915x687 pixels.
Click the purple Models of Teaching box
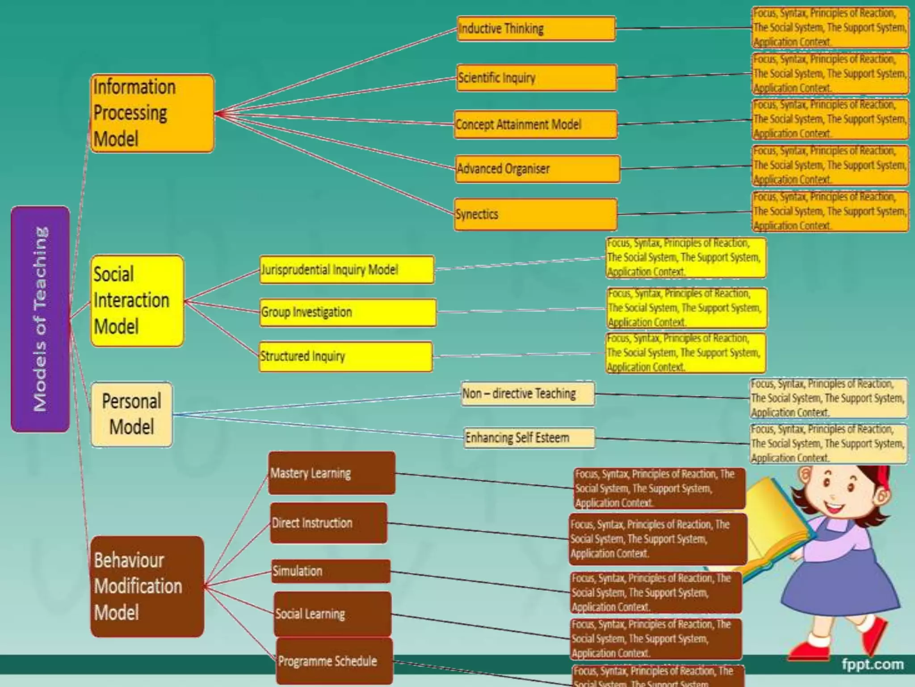[40, 319]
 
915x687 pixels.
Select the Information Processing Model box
[152, 113]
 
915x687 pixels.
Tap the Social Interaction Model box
[137, 301]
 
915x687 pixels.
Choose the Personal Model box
[132, 414]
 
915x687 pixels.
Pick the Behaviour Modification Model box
[147, 586]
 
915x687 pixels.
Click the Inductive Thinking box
[536, 29]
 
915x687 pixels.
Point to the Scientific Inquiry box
[536, 78]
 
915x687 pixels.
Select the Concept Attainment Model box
[536, 124]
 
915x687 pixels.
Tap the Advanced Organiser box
[537, 169]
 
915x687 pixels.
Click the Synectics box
[536, 214]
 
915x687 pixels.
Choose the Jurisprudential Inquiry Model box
[347, 270]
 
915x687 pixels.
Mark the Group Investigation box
[348, 312]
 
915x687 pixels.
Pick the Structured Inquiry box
[346, 356]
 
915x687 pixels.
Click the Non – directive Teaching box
[528, 394]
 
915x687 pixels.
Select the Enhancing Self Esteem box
[529, 437]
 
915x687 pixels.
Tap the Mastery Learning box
[332, 473]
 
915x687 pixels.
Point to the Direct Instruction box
[329, 523]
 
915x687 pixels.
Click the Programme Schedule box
[334, 661]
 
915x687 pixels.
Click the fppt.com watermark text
[872, 664]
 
